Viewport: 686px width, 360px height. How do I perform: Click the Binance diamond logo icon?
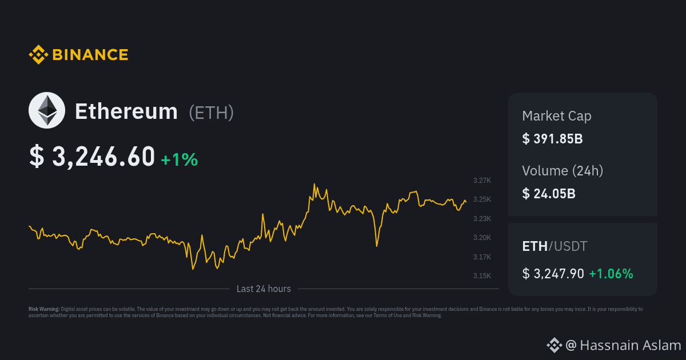tap(38, 55)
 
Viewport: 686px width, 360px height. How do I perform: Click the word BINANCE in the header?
tap(90, 55)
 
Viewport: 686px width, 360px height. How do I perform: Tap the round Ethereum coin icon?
tap(47, 110)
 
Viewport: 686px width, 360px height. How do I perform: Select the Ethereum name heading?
tap(126, 111)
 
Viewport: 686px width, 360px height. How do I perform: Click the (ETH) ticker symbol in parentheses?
tap(212, 112)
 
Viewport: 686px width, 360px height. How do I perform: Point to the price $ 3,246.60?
tap(92, 157)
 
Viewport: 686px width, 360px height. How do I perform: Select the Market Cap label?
tap(557, 116)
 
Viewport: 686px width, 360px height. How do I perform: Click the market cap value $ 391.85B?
tap(552, 139)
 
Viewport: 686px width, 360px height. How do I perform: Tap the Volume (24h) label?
tap(563, 170)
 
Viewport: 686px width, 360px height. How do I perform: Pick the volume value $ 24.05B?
tap(549, 193)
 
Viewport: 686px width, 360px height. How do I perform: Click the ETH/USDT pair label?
tap(555, 246)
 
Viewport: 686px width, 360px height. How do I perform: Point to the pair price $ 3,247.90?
tap(553, 274)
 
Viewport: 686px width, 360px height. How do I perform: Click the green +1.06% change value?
tap(611, 274)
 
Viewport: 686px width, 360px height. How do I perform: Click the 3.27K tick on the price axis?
tap(482, 181)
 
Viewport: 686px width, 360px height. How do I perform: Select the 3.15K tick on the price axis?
tap(482, 276)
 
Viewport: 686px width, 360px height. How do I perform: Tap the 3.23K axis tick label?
tap(482, 219)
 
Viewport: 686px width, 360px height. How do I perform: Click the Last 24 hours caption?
tap(264, 289)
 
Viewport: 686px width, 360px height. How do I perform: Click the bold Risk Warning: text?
tap(44, 309)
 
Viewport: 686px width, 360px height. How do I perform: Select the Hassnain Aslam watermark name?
tap(630, 345)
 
